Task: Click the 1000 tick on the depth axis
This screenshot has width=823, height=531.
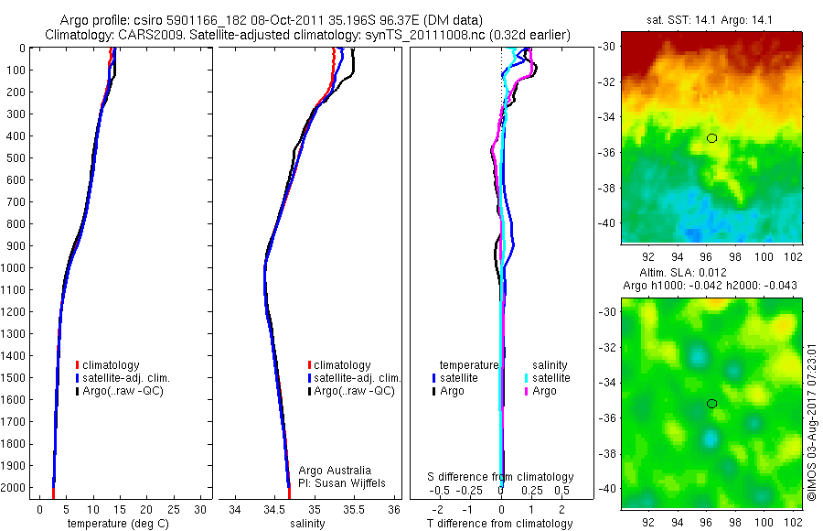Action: pyautogui.click(x=16, y=268)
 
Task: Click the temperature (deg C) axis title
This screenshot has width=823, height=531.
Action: pyautogui.click(x=113, y=524)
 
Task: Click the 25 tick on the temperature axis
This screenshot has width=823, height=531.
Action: pyautogui.click(x=173, y=509)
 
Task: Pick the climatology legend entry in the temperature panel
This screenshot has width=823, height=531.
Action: pyautogui.click(x=111, y=365)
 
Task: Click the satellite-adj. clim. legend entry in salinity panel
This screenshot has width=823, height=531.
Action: pyautogui.click(x=357, y=378)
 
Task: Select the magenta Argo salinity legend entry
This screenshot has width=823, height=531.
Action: pyautogui.click(x=544, y=391)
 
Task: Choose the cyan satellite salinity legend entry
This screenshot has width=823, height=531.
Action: pyautogui.click(x=550, y=378)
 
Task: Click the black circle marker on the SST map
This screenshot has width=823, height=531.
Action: pyautogui.click(x=711, y=138)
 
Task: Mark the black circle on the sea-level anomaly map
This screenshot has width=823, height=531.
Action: pyautogui.click(x=711, y=404)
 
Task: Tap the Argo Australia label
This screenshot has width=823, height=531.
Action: pyautogui.click(x=335, y=471)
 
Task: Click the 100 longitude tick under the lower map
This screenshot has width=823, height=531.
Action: pyautogui.click(x=762, y=524)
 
